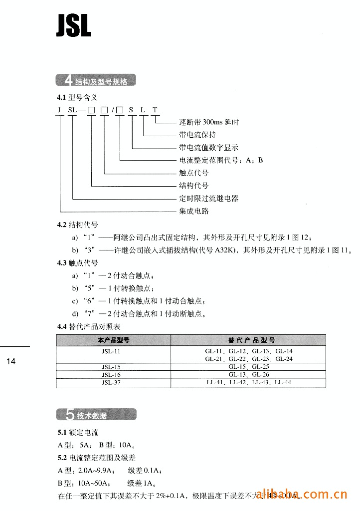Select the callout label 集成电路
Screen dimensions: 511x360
click(x=194, y=211)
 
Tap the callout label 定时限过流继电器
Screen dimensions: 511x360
click(x=208, y=199)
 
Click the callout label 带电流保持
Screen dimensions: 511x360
click(x=197, y=135)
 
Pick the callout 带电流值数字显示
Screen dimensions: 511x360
click(x=208, y=148)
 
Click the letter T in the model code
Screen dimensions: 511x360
click(x=155, y=110)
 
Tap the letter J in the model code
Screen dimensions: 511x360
click(x=59, y=110)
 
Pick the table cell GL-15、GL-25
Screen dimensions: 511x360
click(x=249, y=367)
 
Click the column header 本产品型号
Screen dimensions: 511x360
click(x=113, y=340)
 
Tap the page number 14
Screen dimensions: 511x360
click(x=12, y=362)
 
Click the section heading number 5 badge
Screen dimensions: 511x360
click(x=69, y=415)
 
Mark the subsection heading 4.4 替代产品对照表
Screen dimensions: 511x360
click(x=89, y=327)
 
